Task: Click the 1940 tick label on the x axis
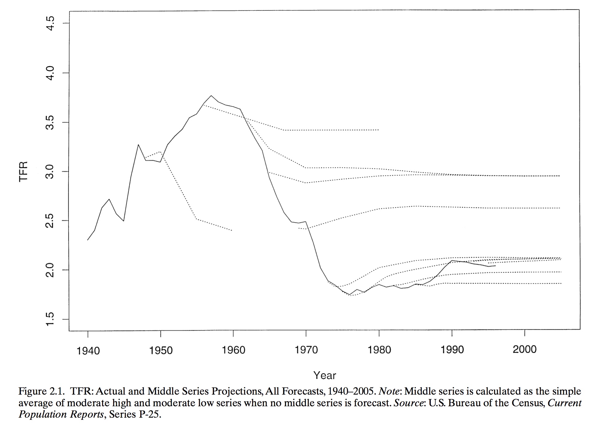(88, 351)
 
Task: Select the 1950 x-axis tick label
(161, 351)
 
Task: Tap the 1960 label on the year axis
(234, 350)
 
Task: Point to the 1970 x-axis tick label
(306, 350)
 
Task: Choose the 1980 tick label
(379, 350)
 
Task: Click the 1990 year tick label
(452, 350)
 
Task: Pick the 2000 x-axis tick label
(525, 349)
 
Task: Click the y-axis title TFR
(23, 171)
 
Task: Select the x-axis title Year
(325, 375)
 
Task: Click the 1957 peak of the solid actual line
(211, 96)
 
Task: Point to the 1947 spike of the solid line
(138, 144)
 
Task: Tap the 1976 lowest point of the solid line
(350, 295)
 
